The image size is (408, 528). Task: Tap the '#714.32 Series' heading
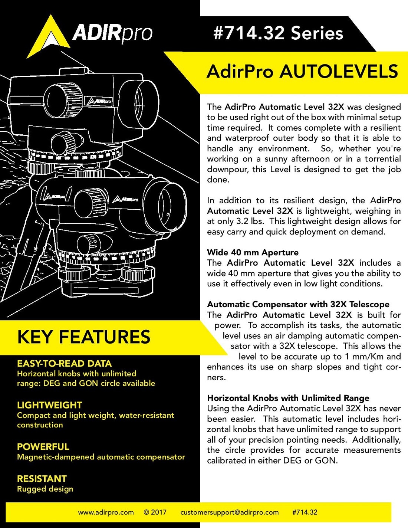pyautogui.click(x=278, y=33)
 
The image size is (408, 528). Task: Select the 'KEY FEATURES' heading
pyautogui.click(x=84, y=337)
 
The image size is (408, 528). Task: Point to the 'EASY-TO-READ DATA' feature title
pyautogui.click(x=64, y=364)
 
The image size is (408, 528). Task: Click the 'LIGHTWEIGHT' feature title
pyautogui.click(x=49, y=405)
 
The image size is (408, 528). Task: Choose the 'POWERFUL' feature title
pyautogui.click(x=43, y=447)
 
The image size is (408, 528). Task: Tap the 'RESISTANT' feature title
pyautogui.click(x=42, y=479)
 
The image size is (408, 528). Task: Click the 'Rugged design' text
pyautogui.click(x=45, y=489)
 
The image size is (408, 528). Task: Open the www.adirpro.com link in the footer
pyautogui.click(x=106, y=512)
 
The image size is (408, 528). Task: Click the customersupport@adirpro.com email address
pyautogui.click(x=229, y=512)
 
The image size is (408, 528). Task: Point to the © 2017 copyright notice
pyautogui.click(x=155, y=512)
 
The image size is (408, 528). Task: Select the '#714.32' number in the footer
pyautogui.click(x=305, y=512)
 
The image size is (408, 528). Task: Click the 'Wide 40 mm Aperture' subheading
pyautogui.click(x=253, y=252)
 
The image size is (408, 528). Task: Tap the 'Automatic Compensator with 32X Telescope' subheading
pyautogui.click(x=298, y=304)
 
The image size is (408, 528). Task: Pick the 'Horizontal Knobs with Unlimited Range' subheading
pyautogui.click(x=288, y=398)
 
